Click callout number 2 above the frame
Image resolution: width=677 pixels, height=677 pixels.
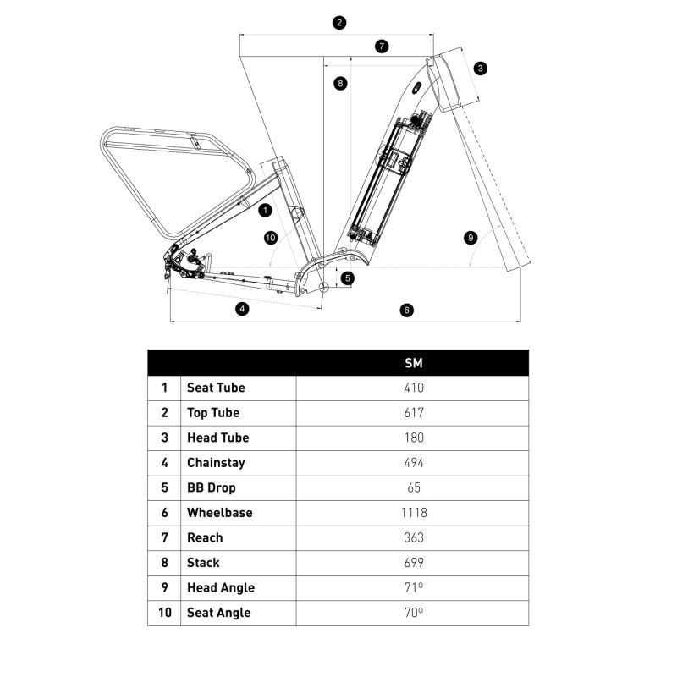point(339,23)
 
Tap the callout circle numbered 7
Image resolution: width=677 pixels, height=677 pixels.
point(382,47)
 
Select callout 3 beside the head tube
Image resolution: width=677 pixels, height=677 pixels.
point(480,69)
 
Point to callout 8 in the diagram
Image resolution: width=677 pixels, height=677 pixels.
point(341,83)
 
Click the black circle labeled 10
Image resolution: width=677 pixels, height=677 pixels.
point(270,238)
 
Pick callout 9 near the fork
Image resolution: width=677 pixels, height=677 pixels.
point(471,238)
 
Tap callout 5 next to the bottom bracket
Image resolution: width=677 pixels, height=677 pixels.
point(348,278)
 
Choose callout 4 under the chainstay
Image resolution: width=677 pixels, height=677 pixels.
point(242,309)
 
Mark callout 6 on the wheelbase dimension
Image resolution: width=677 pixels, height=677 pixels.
point(406,310)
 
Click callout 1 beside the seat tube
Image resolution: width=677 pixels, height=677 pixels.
point(265,210)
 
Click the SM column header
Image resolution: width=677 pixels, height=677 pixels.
point(414,363)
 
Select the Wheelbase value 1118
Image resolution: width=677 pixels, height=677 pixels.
point(414,513)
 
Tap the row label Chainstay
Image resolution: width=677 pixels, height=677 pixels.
point(216,463)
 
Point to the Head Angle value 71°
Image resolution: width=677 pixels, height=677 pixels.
point(414,587)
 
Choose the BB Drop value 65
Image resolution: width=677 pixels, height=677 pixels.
point(414,487)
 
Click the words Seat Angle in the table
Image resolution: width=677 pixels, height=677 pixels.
point(219,613)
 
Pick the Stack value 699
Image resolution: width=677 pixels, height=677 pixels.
point(414,563)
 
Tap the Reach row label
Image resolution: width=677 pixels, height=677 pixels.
point(205,537)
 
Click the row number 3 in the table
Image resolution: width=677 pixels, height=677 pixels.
point(164,438)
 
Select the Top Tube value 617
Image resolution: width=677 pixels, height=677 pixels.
point(414,413)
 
